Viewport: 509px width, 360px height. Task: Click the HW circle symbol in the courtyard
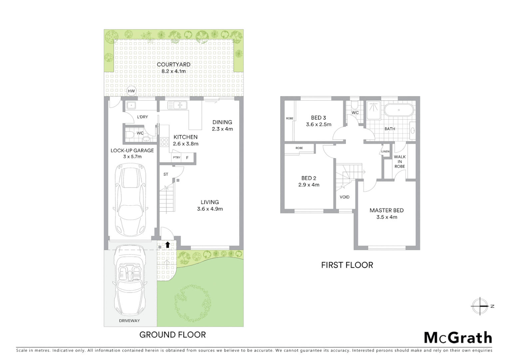click(x=131, y=91)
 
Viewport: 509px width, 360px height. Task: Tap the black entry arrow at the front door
click(x=168, y=245)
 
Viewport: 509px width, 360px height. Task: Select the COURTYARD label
click(x=174, y=65)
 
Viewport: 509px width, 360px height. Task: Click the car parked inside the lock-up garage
click(x=130, y=200)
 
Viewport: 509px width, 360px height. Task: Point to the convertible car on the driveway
click(x=130, y=280)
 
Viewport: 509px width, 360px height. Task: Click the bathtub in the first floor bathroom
click(x=399, y=110)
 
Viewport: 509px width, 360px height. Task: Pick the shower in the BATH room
click(x=373, y=110)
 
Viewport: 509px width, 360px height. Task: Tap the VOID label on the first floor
click(x=344, y=197)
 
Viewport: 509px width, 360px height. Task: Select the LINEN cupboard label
click(x=385, y=152)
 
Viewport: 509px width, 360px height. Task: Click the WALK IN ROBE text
click(x=400, y=162)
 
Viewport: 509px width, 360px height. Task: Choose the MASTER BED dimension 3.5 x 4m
click(x=386, y=217)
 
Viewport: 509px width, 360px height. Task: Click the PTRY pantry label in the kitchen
click(x=177, y=158)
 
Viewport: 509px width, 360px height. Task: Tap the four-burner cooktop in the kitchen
click(x=164, y=142)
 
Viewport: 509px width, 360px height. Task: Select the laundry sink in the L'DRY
click(x=131, y=106)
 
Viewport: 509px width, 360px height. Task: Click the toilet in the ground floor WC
click(x=130, y=135)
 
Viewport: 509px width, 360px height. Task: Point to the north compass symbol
click(x=480, y=306)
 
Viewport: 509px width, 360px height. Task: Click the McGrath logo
click(x=458, y=338)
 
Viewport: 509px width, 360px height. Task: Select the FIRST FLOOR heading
click(x=347, y=265)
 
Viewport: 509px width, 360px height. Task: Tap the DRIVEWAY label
click(x=129, y=321)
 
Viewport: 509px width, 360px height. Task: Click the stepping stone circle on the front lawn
click(x=193, y=303)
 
